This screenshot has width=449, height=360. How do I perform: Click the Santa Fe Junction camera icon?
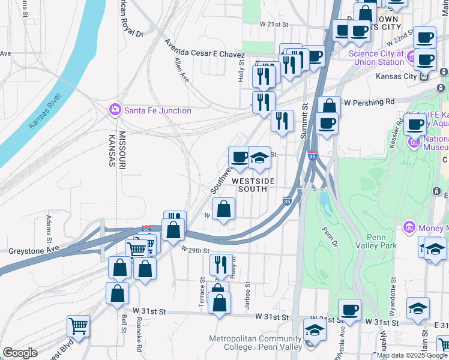[x=114, y=110]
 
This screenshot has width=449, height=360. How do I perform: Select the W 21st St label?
[x=274, y=24]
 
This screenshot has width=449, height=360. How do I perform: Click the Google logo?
[x=20, y=353]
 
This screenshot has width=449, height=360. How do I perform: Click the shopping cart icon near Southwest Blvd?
[x=78, y=326]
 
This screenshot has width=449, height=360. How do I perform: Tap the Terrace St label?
[x=202, y=293]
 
